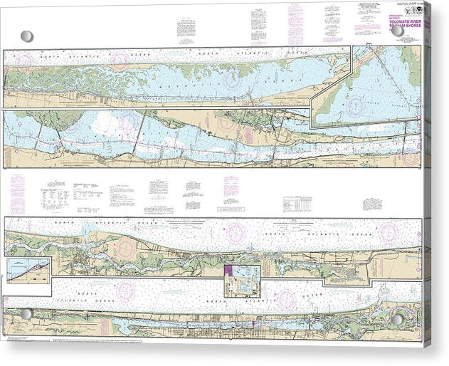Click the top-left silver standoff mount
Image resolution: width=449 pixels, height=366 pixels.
26,36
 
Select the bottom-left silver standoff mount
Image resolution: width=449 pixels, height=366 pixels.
26,313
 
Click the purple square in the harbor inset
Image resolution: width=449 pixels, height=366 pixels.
229,271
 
